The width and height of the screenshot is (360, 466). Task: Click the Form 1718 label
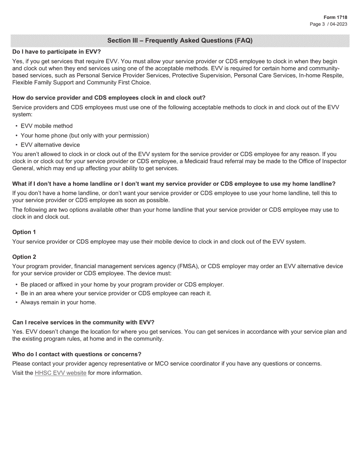point(335,17)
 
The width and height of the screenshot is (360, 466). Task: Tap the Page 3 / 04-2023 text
point(329,24)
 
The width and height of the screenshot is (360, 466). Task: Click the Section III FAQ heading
point(180,41)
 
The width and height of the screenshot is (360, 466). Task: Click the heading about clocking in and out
point(109,98)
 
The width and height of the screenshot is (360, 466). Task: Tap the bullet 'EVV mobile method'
point(47,126)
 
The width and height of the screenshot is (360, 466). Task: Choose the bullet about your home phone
point(85,136)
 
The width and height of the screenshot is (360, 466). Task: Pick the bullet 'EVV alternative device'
point(50,145)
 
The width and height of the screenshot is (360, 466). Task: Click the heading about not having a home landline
point(174,184)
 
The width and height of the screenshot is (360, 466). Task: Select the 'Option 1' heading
point(24,232)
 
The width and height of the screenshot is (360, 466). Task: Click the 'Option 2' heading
point(24,257)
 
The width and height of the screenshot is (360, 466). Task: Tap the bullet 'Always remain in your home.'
point(58,302)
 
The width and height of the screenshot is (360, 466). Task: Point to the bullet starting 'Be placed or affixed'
point(122,285)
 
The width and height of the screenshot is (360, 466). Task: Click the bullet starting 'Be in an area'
point(116,293)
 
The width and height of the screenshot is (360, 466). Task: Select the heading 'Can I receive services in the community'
point(83,322)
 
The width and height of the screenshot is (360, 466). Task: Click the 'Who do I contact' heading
point(77,354)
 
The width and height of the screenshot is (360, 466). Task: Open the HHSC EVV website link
point(61,373)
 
